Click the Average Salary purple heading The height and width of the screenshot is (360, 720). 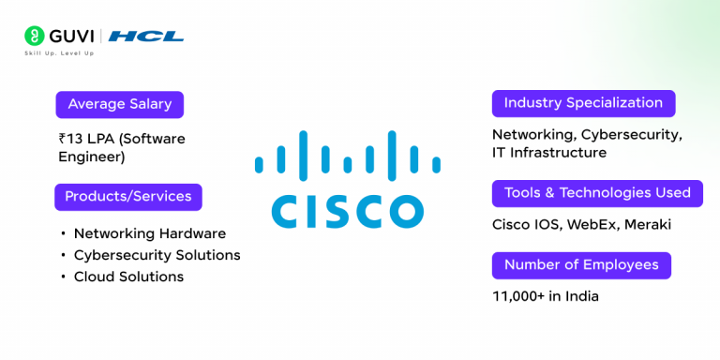[119, 104]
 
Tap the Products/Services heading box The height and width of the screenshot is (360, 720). [128, 197]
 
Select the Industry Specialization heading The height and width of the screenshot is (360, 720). [583, 103]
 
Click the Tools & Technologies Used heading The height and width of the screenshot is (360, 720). [597, 193]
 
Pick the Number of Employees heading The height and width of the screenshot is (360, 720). [581, 265]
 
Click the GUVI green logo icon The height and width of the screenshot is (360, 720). [35, 37]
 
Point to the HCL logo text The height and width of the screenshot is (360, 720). [146, 37]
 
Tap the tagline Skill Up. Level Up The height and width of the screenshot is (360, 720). [59, 52]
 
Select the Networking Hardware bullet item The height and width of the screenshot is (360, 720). [150, 233]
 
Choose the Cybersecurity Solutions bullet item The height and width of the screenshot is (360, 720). [157, 255]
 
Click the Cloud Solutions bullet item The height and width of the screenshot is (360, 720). [128, 277]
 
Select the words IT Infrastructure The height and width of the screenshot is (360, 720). [549, 152]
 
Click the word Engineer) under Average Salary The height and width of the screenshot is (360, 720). [92, 157]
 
